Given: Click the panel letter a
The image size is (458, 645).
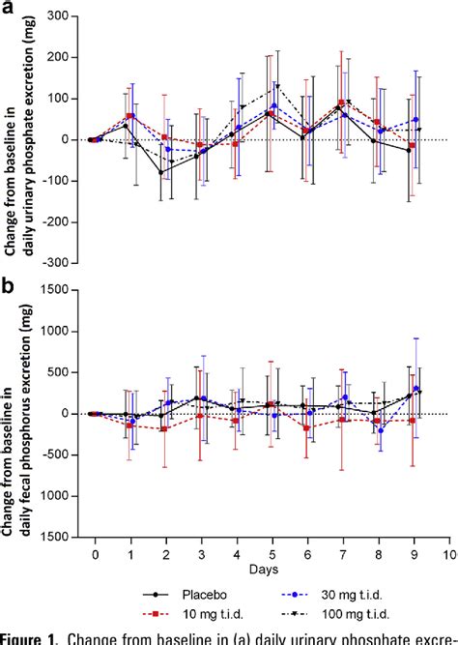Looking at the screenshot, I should click(x=9, y=9).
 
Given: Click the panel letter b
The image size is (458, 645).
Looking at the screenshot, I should click(x=9, y=287).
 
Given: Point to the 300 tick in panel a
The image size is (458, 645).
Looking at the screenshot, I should click(x=60, y=17).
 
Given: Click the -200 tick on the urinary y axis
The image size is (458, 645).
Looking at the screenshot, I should click(x=58, y=221).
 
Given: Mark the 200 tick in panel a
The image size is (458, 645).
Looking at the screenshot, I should click(x=60, y=58).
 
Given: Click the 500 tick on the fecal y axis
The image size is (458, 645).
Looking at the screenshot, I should click(x=60, y=372).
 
